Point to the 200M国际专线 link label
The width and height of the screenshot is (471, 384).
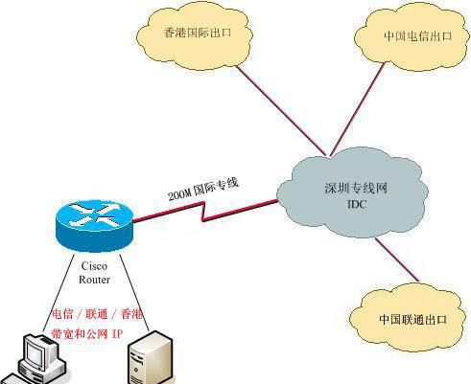click(x=203, y=193)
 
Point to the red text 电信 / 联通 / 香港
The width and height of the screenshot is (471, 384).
click(x=96, y=314)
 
